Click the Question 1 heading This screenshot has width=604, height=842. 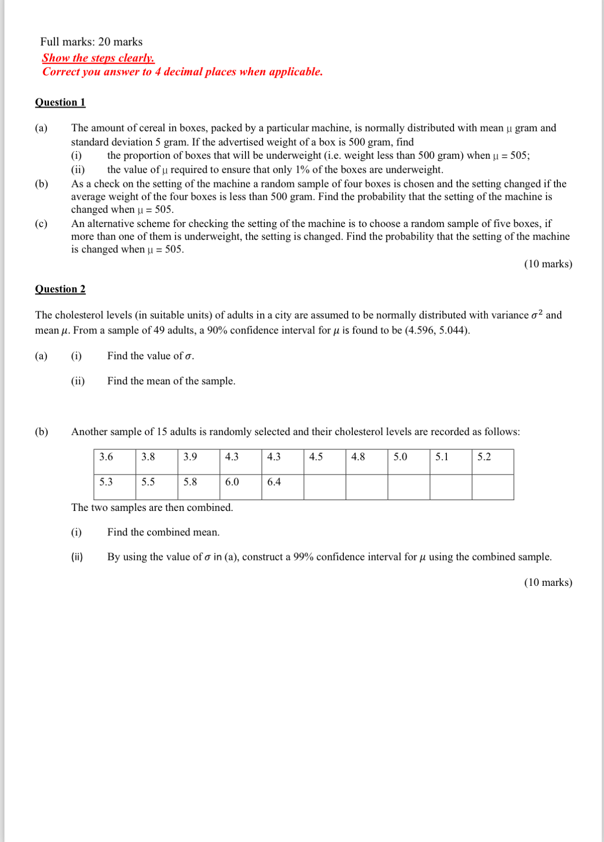(x=60, y=102)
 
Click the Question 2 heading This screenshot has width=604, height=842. (x=60, y=289)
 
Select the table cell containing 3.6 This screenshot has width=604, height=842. (x=114, y=461)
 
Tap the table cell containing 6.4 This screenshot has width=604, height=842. (x=282, y=486)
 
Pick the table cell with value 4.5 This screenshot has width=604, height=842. (x=325, y=461)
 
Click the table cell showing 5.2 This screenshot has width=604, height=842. (x=493, y=461)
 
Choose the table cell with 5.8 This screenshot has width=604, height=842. (x=199, y=486)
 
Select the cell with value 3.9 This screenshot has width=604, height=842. (x=199, y=461)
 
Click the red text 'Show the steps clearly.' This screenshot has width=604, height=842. (x=98, y=58)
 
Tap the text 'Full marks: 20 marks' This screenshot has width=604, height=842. (x=91, y=42)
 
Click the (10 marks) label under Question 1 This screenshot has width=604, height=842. (x=548, y=264)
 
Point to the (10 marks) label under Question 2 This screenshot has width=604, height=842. (x=548, y=583)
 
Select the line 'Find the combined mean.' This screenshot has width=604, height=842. (x=163, y=532)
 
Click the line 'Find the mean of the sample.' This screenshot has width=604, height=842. (x=171, y=381)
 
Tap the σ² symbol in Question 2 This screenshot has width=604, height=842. (x=537, y=314)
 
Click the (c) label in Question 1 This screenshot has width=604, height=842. (x=41, y=224)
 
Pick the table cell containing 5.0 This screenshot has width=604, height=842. (x=408, y=461)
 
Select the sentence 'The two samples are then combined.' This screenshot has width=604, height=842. (x=152, y=508)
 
